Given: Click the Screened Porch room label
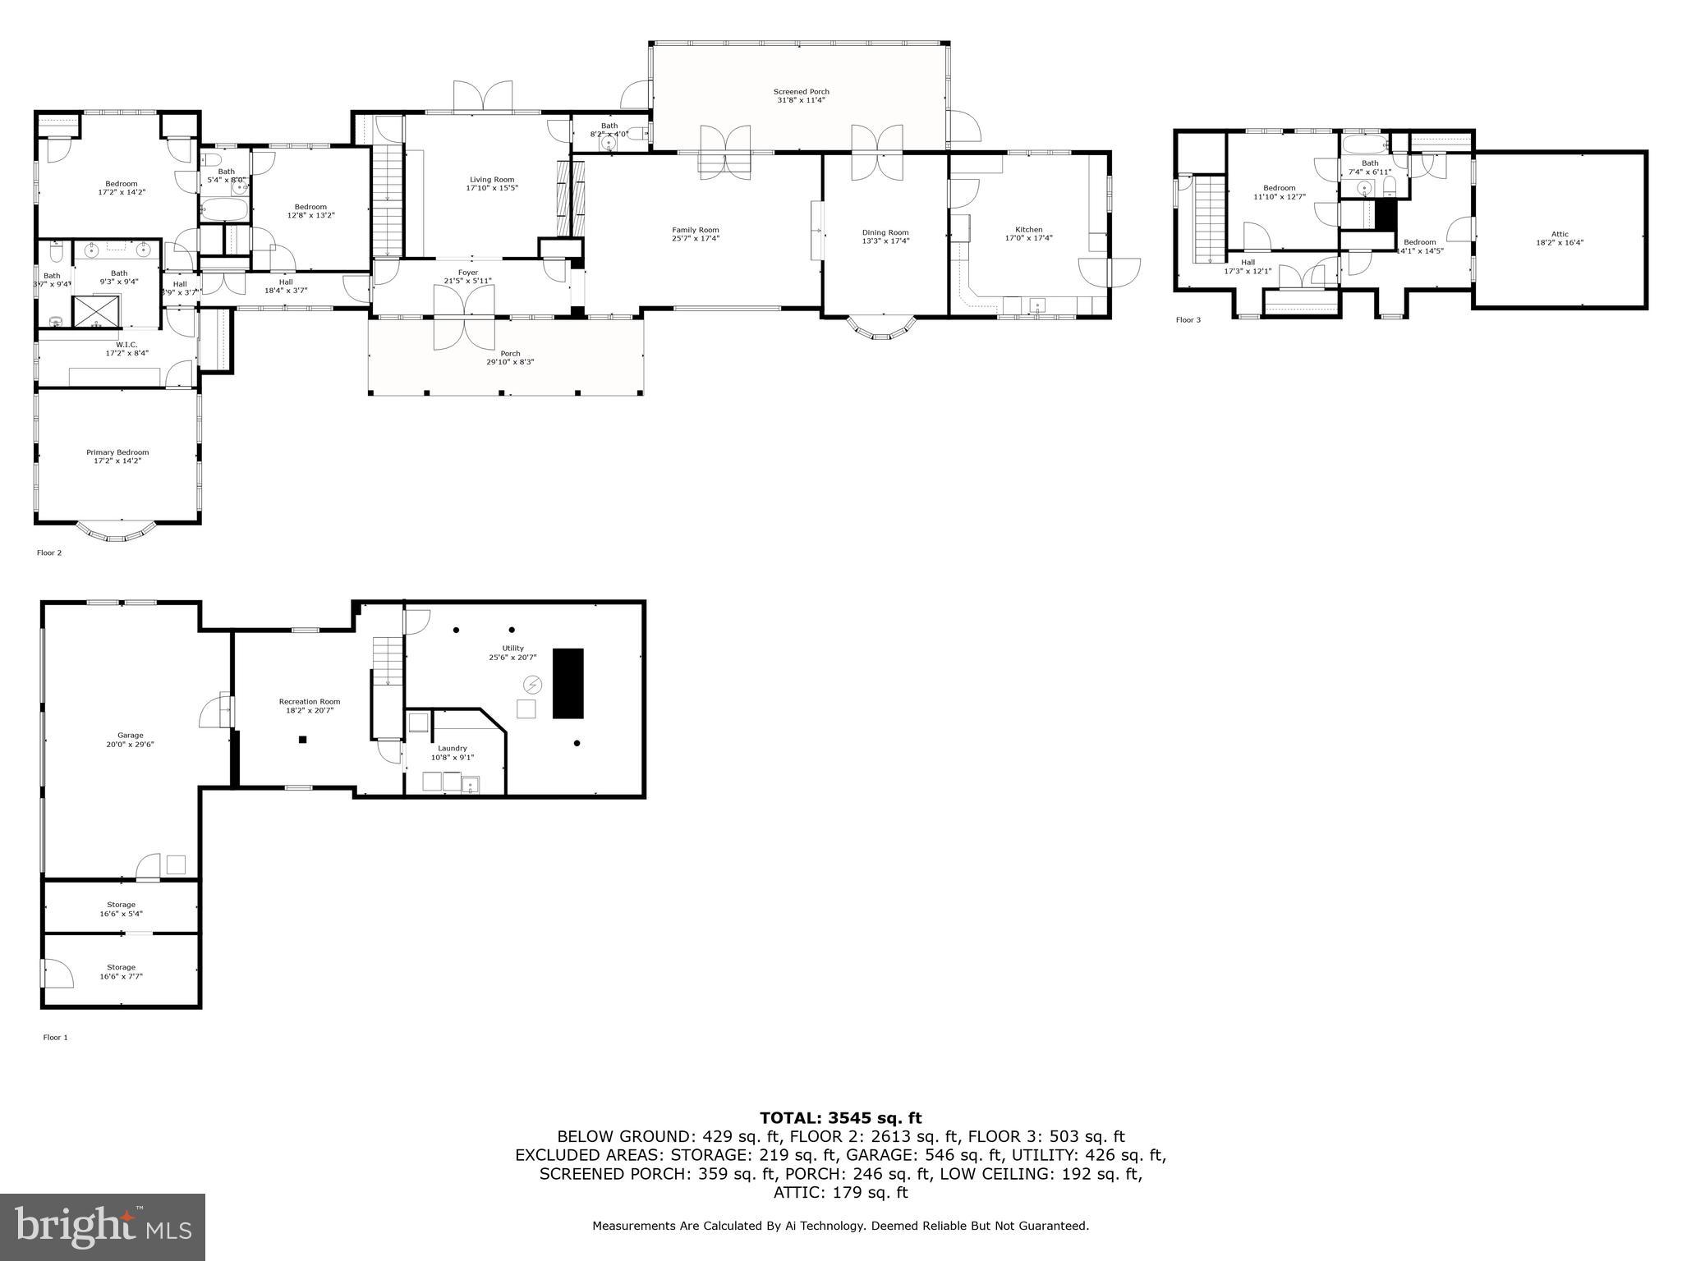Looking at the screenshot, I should pyautogui.click(x=801, y=92).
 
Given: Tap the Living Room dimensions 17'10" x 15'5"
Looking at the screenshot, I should pyautogui.click(x=492, y=188).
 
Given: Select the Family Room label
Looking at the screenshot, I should pyautogui.click(x=695, y=230).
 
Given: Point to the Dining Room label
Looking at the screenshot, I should pyautogui.click(x=885, y=232).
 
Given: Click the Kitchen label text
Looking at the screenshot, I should pyautogui.click(x=1028, y=230).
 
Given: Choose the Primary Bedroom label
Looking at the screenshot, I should pyautogui.click(x=117, y=452).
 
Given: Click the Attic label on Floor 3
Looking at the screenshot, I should pyautogui.click(x=1559, y=234).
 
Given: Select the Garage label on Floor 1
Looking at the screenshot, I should pyautogui.click(x=130, y=736).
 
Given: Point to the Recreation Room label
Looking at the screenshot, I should pyautogui.click(x=309, y=701).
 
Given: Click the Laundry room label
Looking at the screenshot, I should pyautogui.click(x=452, y=748).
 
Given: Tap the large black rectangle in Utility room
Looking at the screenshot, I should pyautogui.click(x=568, y=683).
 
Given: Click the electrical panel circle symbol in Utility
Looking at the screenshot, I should pyautogui.click(x=532, y=684).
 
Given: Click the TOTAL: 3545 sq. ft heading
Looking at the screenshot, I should pyautogui.click(x=840, y=1117).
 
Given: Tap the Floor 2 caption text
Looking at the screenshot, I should pyautogui.click(x=49, y=553).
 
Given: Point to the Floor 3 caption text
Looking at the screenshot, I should pyautogui.click(x=1188, y=319).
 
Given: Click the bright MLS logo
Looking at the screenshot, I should pyautogui.click(x=103, y=1227).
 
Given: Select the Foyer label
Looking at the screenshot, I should pyautogui.click(x=467, y=273).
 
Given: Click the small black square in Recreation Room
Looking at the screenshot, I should pyautogui.click(x=302, y=740).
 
